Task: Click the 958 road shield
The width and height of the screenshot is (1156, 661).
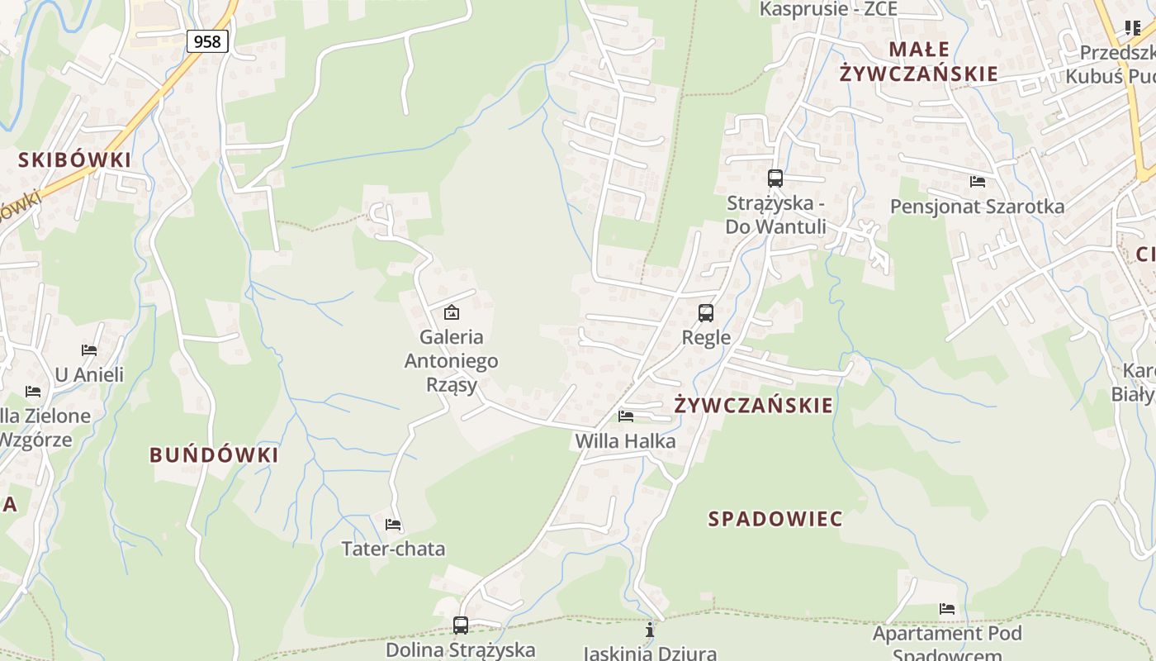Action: click(x=206, y=40)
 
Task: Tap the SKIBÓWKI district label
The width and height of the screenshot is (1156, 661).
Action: click(x=75, y=159)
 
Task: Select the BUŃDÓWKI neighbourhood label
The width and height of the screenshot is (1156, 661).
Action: click(x=214, y=454)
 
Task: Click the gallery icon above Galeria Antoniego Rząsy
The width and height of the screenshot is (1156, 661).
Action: click(x=451, y=312)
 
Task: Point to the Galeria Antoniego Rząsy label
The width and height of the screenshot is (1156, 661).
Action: click(x=451, y=360)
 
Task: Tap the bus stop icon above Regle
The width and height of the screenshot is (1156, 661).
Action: click(x=705, y=313)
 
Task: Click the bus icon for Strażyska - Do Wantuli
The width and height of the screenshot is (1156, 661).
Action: click(x=775, y=178)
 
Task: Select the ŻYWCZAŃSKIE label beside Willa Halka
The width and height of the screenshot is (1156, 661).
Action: click(x=753, y=405)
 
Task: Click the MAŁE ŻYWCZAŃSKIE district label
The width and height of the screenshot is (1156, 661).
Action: click(x=918, y=61)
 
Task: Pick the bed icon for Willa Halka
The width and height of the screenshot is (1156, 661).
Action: click(x=626, y=416)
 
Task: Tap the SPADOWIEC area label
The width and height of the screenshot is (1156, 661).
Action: click(x=775, y=519)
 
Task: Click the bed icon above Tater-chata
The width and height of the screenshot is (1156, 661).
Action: click(x=393, y=525)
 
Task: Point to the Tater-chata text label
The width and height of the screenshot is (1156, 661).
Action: click(x=393, y=549)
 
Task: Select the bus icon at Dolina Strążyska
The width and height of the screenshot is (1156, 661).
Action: click(x=461, y=625)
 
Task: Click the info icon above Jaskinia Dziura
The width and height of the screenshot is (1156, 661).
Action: click(x=650, y=630)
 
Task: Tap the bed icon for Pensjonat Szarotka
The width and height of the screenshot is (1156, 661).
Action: click(x=978, y=182)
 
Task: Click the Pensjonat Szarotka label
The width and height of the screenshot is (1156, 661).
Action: click(x=977, y=207)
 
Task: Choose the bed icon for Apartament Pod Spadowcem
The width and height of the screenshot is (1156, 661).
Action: click(x=947, y=610)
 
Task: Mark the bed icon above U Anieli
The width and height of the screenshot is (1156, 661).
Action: click(x=89, y=350)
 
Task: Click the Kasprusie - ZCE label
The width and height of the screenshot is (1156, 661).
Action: click(x=828, y=9)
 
